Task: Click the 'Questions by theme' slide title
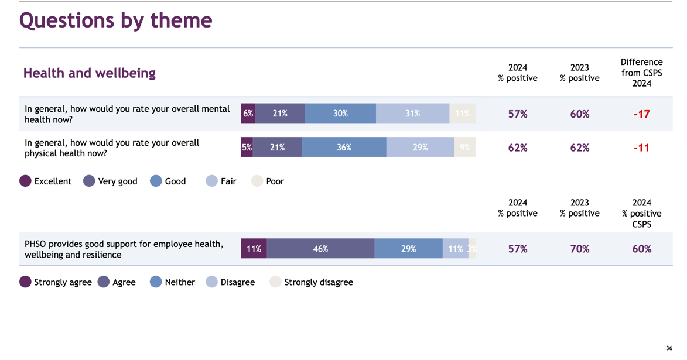pos(115,20)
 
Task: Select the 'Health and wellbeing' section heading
pos(89,73)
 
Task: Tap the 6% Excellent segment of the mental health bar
pos(248,114)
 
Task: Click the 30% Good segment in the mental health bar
pos(340,114)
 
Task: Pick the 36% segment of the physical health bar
pos(344,148)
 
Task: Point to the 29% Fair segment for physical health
pos(420,148)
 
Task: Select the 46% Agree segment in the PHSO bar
pos(320,249)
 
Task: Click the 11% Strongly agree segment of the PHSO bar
pos(254,249)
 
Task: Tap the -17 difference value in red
pos(641,114)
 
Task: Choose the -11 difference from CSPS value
pos(641,148)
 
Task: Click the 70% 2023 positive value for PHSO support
pos(579,249)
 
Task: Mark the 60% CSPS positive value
pos(641,249)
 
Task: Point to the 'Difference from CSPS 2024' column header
pos(641,73)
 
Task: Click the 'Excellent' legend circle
pos(25,181)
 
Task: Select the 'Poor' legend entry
pos(268,181)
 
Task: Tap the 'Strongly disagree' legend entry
pos(312,282)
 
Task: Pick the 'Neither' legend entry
pos(173,282)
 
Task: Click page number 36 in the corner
pos(669,348)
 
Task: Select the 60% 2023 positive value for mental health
pos(579,114)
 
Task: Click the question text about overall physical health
pos(112,148)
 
